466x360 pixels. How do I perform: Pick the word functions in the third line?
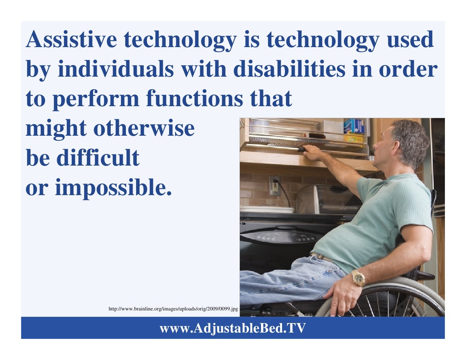pyautogui.click(x=194, y=99)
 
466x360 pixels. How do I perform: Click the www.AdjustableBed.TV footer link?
pyautogui.click(x=232, y=328)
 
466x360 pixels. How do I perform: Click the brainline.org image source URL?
pyautogui.click(x=173, y=309)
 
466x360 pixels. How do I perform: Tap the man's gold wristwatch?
pyautogui.click(x=358, y=278)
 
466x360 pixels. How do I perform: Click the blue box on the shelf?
pyautogui.click(x=353, y=126)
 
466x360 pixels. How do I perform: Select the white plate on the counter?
pyautogui.click(x=267, y=210)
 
